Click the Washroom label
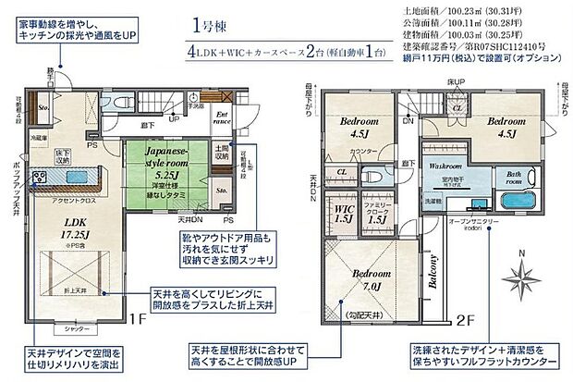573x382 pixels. click(445, 165)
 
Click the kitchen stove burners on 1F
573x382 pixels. click(40, 178)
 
